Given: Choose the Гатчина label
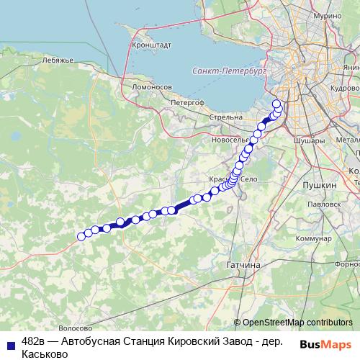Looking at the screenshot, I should click(x=243, y=265).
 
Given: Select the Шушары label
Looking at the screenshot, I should click(x=310, y=142).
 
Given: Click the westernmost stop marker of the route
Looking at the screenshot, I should click(x=81, y=235).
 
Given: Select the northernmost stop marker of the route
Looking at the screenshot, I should click(x=276, y=104).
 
